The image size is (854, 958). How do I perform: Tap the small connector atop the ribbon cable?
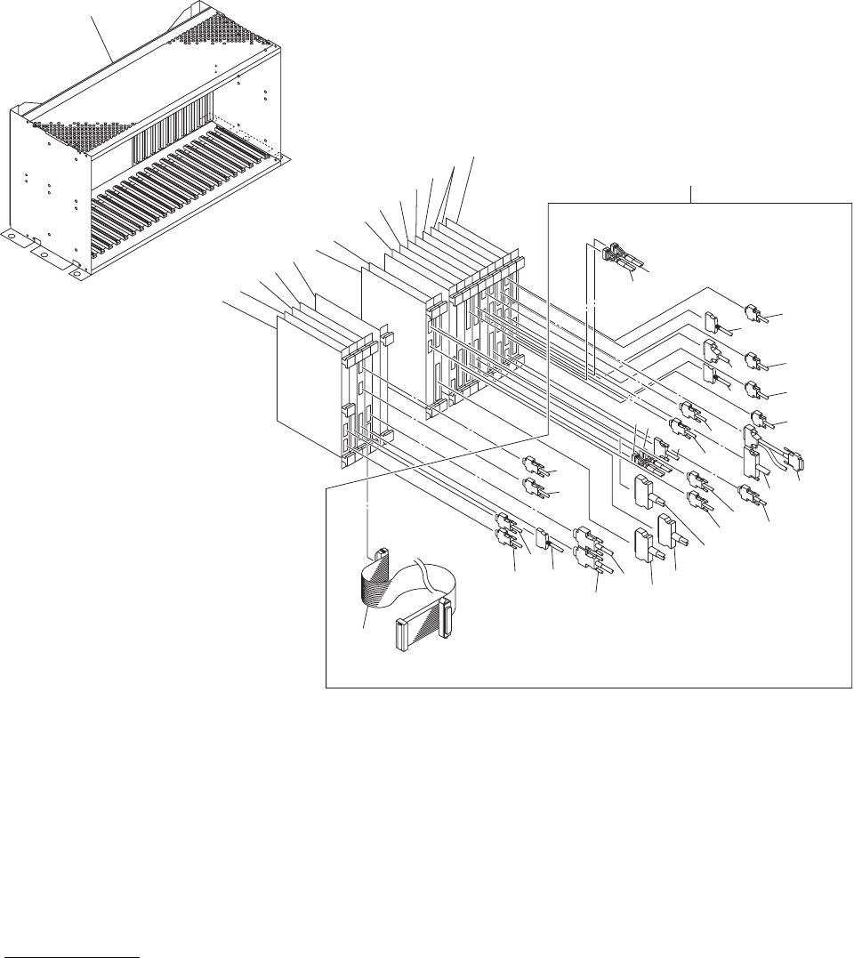click(x=378, y=556)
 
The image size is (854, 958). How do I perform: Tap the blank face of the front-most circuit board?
click(x=307, y=374)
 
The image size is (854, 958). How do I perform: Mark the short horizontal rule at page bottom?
click(x=71, y=953)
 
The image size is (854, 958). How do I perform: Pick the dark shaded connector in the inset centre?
click(x=648, y=459)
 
